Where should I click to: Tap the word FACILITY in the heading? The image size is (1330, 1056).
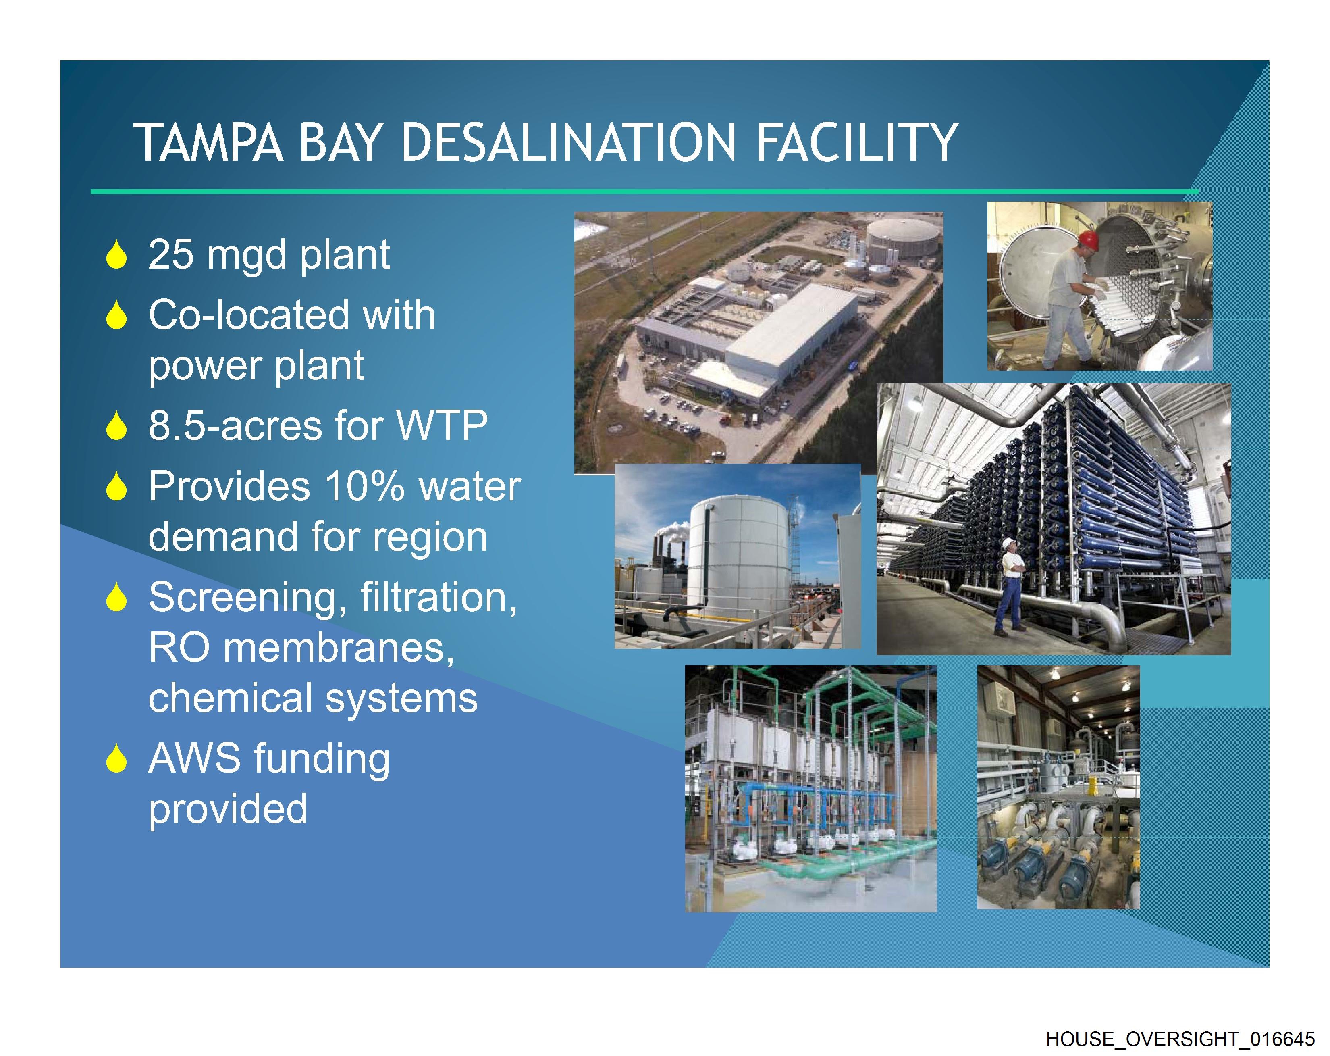click(856, 143)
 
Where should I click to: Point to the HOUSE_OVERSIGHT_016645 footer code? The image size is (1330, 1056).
click(1180, 1039)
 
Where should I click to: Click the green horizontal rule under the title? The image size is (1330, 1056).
click(644, 192)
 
